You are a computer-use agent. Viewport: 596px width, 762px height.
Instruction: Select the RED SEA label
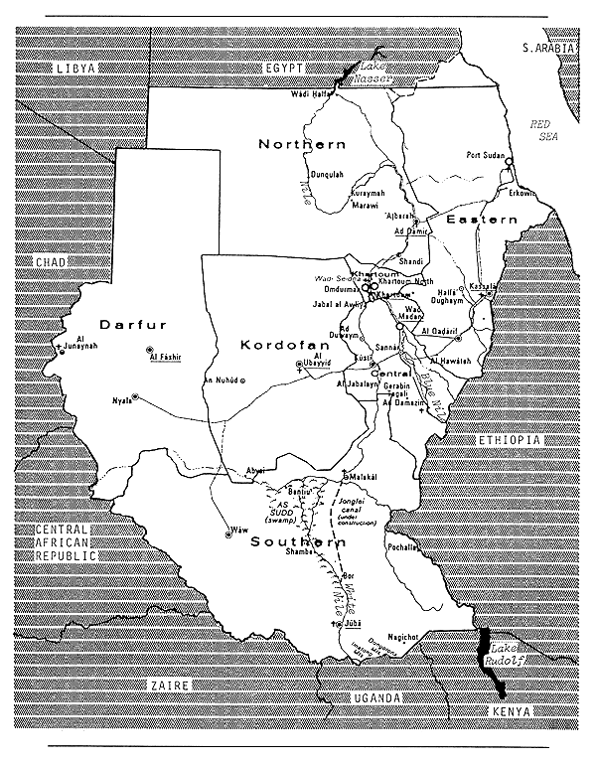point(543,130)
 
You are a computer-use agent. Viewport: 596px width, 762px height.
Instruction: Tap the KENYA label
point(514,712)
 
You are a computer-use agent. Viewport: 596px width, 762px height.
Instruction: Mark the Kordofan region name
point(277,345)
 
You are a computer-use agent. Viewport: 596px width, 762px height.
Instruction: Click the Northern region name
point(302,144)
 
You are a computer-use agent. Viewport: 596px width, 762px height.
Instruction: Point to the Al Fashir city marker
point(149,349)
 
